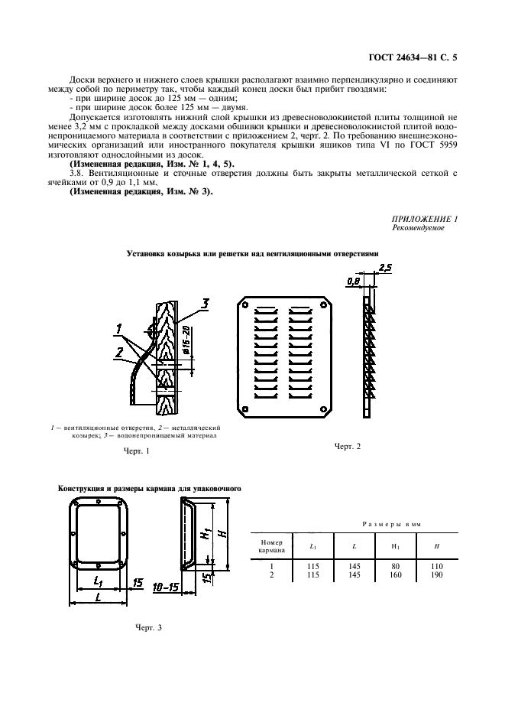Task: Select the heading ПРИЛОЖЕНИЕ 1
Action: coord(425,219)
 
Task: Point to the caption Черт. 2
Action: coord(347,446)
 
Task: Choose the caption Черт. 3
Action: coord(148,627)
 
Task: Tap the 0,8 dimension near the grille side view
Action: coord(352,281)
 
